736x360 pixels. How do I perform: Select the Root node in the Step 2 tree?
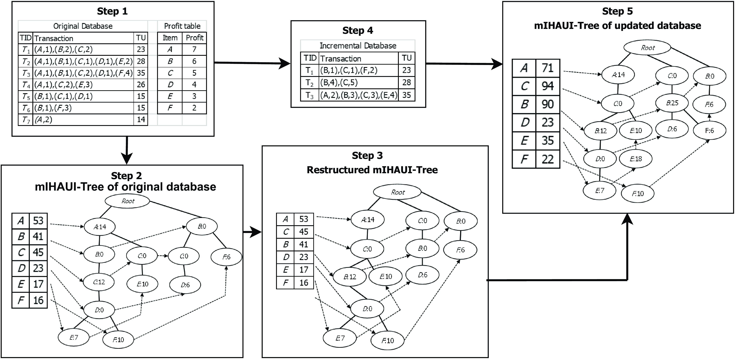coord(127,201)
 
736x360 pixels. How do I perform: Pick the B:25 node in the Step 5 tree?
coord(672,103)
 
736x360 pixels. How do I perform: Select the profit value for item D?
coord(194,85)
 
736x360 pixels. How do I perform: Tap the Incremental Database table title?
coord(358,46)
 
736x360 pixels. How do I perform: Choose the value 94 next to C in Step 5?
coord(547,86)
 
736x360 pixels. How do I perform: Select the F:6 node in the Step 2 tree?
coord(226,257)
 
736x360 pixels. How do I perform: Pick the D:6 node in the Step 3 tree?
coord(422,275)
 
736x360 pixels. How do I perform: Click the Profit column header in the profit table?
coord(194,38)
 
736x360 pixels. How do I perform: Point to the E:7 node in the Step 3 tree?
coord(340,338)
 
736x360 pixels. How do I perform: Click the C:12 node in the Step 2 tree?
coord(99,282)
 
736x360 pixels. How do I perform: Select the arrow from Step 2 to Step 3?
coord(252,232)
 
